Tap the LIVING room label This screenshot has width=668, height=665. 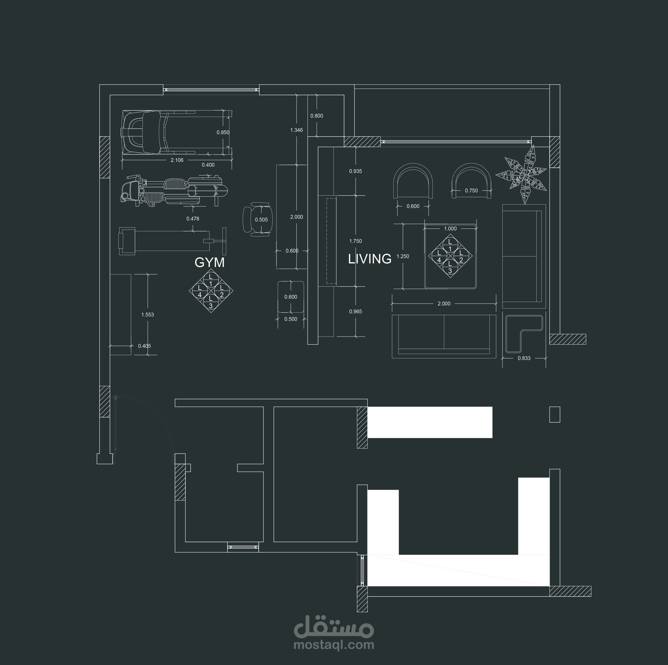pyautogui.click(x=370, y=259)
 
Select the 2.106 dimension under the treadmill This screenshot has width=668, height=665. pyautogui.click(x=177, y=160)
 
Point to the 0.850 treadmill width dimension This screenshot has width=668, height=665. pyautogui.click(x=223, y=132)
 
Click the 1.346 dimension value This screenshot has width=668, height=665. pyautogui.click(x=296, y=130)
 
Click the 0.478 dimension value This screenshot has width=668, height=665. pyautogui.click(x=193, y=218)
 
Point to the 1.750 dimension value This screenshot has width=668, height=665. pyautogui.click(x=356, y=241)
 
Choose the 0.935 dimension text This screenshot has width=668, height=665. pyautogui.click(x=356, y=171)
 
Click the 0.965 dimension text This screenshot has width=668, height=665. pyautogui.click(x=356, y=312)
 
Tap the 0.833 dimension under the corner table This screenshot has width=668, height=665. pyautogui.click(x=524, y=358)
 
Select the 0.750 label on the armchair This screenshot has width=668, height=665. pyautogui.click(x=471, y=191)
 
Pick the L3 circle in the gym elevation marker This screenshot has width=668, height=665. pyautogui.click(x=211, y=303)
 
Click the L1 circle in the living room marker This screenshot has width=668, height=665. pyautogui.click(x=450, y=245)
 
